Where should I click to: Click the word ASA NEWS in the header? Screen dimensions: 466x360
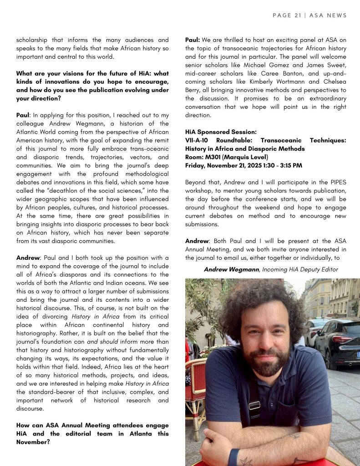click(328, 15)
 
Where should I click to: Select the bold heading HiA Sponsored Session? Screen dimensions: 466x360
click(221, 132)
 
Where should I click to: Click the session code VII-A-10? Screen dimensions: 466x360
click(198, 140)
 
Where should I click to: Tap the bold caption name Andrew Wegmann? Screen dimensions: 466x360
click(232, 269)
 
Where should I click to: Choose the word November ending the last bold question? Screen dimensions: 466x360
click(32, 442)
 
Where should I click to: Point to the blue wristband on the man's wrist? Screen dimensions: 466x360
click(233, 456)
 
